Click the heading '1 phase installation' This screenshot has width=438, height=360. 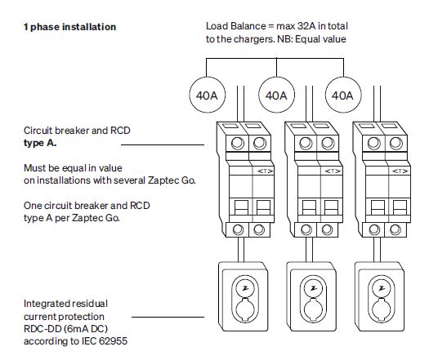pyautogui.click(x=69, y=27)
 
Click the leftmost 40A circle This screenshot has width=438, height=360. pyautogui.click(x=204, y=96)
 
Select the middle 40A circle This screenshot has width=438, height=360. pyautogui.click(x=275, y=96)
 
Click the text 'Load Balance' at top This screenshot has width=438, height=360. pyautogui.click(x=233, y=26)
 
